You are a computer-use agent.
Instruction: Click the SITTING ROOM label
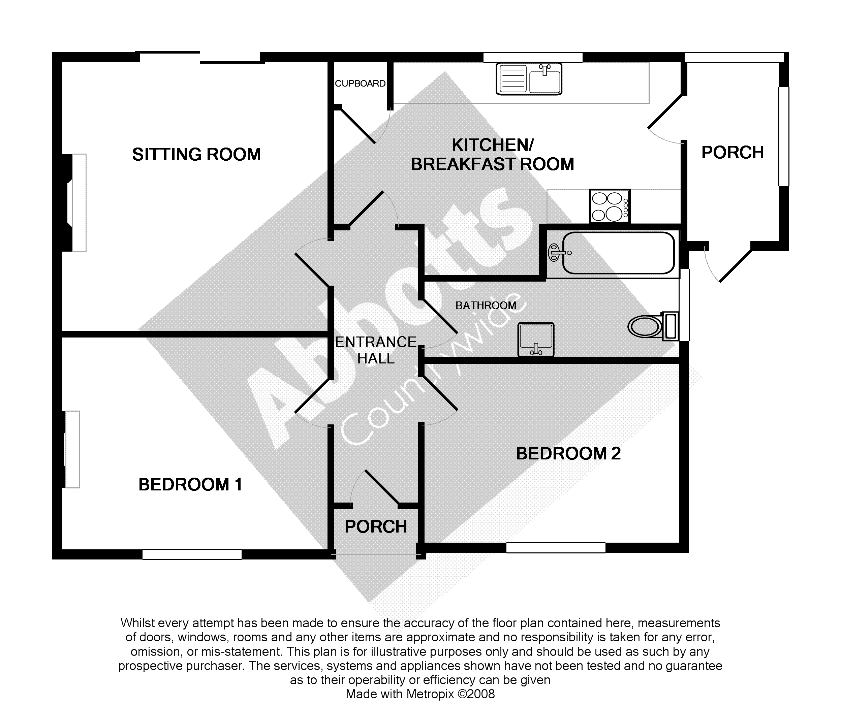196,155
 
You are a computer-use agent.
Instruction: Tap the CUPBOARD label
360,83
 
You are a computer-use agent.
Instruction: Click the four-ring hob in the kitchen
610,206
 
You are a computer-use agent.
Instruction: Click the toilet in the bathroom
653,326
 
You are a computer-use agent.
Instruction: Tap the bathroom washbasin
536,340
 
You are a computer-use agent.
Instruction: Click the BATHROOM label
486,306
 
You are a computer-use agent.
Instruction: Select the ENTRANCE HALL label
376,350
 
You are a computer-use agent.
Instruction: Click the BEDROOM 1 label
190,485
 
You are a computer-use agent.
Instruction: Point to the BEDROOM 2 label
568,454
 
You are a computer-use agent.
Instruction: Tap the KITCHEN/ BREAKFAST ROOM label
493,155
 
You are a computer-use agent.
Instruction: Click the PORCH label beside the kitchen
733,153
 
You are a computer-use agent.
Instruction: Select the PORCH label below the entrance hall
376,526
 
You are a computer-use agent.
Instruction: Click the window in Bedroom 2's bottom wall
556,547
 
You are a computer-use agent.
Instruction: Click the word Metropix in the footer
430,694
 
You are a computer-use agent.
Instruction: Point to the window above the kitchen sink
533,57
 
